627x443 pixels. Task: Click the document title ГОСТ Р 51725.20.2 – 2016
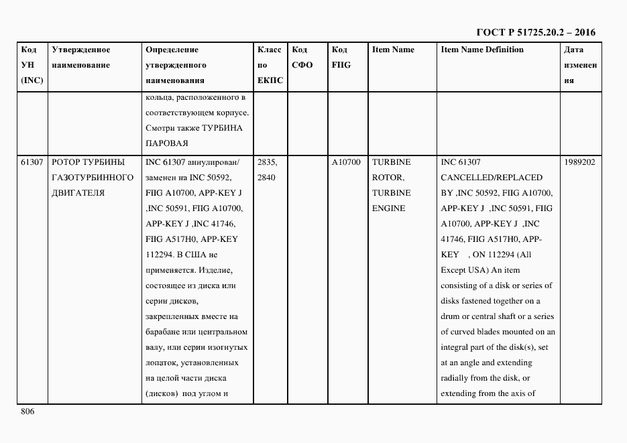pos(535,32)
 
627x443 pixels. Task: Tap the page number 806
pos(27,412)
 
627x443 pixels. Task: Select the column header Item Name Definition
pos(481,50)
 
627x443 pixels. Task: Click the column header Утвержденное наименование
pos(81,58)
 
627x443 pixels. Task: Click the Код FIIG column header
pos(341,58)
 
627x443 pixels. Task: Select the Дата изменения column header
pos(579,65)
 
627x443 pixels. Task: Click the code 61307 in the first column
pos(32,162)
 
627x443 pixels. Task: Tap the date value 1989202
pos(579,162)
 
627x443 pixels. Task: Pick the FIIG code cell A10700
pos(346,162)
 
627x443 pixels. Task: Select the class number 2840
pos(266,178)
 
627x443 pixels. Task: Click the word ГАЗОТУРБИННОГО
pos(92,178)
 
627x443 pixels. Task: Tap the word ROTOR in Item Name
pos(387,178)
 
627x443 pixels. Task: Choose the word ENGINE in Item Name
pos(388,208)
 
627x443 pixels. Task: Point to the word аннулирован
pos(213,162)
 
